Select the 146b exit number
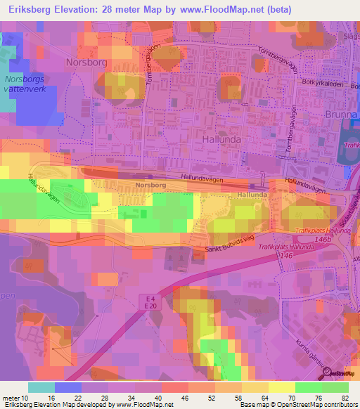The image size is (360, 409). [323, 240]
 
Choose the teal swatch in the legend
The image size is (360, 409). [41, 387]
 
